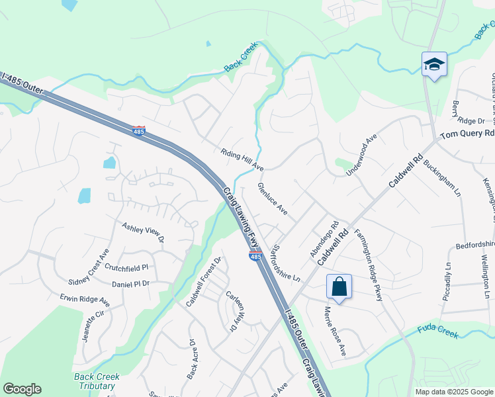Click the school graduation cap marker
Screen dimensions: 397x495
tap(434, 65)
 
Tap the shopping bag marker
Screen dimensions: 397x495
tap(339, 287)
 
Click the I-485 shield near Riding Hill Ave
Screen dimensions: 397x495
tap(138, 131)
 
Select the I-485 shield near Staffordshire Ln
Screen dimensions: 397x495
tap(255, 256)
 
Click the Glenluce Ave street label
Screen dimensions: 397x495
tap(272, 198)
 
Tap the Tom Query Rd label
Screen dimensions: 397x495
tap(467, 133)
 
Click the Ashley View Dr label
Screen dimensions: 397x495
tap(142, 233)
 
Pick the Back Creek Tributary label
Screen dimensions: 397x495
tap(97, 381)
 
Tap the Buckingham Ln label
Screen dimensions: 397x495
tap(441, 178)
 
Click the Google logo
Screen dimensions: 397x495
tap(22, 389)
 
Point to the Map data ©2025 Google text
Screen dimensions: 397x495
tap(454, 392)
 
